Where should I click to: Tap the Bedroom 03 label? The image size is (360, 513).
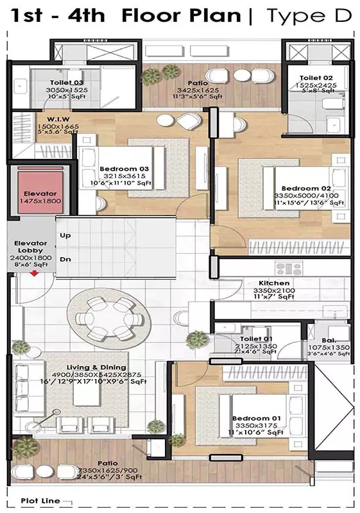pos(124,169)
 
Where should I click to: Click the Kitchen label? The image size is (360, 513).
pos(273,283)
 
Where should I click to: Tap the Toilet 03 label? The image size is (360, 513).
pos(67,83)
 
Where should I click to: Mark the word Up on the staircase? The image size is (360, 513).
pos(65,235)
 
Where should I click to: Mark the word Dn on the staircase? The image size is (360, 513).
pos(65,259)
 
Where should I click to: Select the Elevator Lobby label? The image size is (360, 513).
pos(31,248)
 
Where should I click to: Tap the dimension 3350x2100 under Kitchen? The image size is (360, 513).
pos(273,290)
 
